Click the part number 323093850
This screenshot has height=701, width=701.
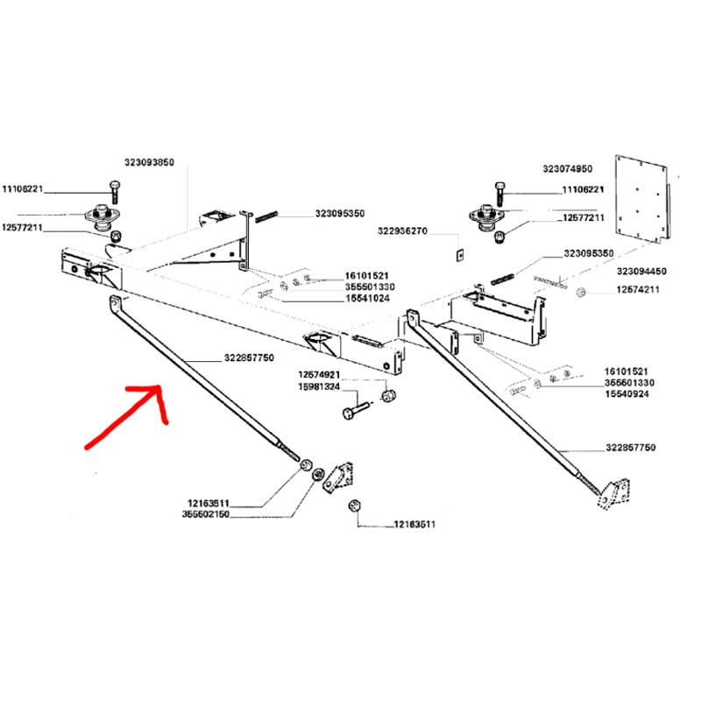click(x=150, y=163)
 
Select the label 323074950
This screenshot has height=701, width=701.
click(x=567, y=168)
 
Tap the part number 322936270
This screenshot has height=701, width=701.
click(x=402, y=232)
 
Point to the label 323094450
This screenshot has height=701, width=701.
click(x=642, y=272)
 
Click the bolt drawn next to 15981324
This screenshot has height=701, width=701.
click(x=355, y=409)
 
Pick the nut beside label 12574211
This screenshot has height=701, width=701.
click(x=582, y=290)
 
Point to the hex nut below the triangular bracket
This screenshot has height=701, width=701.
click(x=355, y=507)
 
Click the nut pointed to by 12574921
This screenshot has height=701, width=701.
click(x=390, y=397)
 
